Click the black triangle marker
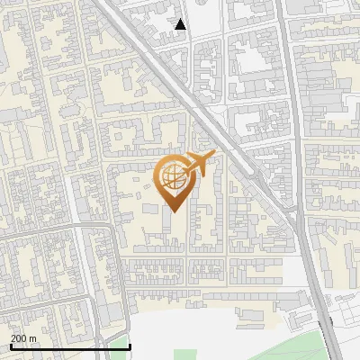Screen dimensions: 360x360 (x=181, y=24)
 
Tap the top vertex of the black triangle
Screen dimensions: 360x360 (x=181, y=19)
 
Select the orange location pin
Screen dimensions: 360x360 (x=175, y=180)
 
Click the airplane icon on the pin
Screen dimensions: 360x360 (x=200, y=164)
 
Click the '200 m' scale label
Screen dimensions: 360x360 (x=23, y=337)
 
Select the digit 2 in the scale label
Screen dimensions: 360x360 (x=13, y=337)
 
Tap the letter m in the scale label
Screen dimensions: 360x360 (x=32, y=337)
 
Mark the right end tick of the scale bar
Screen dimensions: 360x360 (x=130, y=346)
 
